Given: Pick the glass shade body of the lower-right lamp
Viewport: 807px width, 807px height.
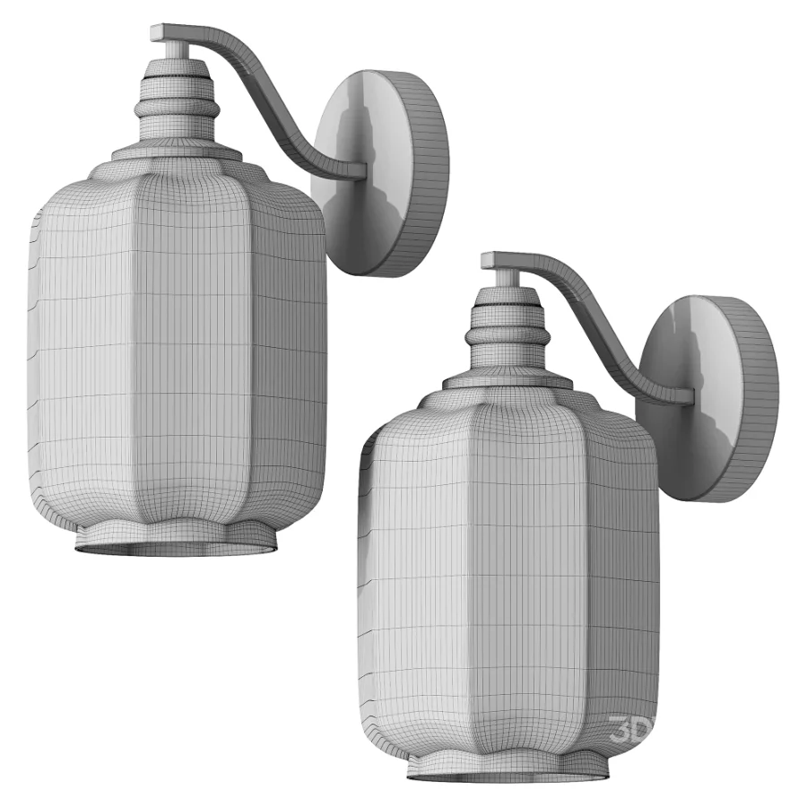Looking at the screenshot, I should pos(511,574).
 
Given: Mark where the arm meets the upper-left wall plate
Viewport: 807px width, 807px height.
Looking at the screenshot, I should pos(359,169).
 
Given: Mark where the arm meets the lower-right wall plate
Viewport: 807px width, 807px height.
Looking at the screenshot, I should pos(686,395).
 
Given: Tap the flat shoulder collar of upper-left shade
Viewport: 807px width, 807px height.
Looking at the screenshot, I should pos(179,152).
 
